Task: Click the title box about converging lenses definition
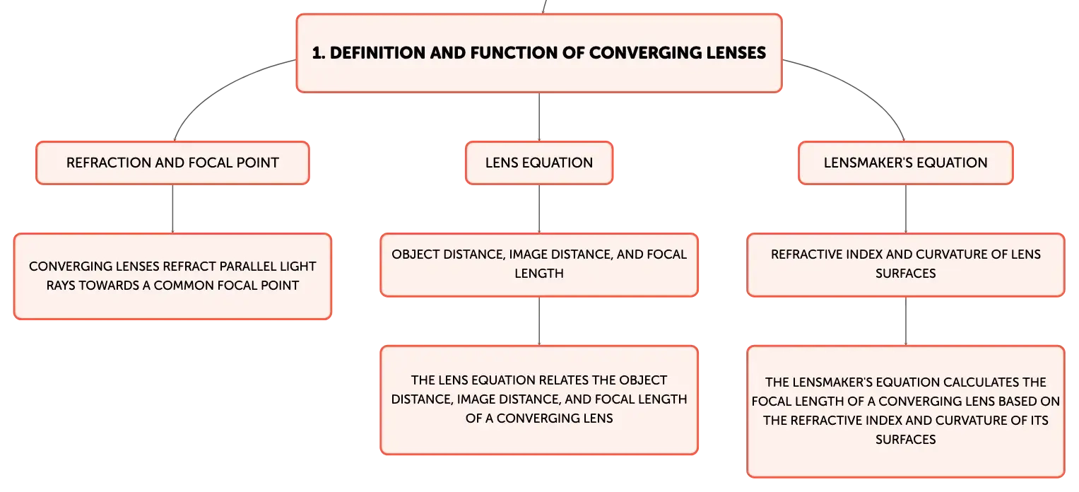[539, 53]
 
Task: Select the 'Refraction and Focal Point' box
[172, 163]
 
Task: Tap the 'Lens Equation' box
[539, 163]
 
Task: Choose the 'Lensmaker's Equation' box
[906, 163]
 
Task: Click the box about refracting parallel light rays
[172, 276]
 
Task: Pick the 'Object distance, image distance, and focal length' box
[539, 265]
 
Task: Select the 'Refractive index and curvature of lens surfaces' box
[906, 265]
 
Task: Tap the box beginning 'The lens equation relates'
[539, 400]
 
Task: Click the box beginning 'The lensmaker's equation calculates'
[906, 411]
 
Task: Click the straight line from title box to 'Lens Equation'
[539, 117]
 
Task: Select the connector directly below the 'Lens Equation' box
[539, 209]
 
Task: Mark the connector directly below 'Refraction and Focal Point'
[172, 209]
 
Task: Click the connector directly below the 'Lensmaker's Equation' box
[906, 209]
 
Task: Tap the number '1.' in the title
[319, 53]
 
